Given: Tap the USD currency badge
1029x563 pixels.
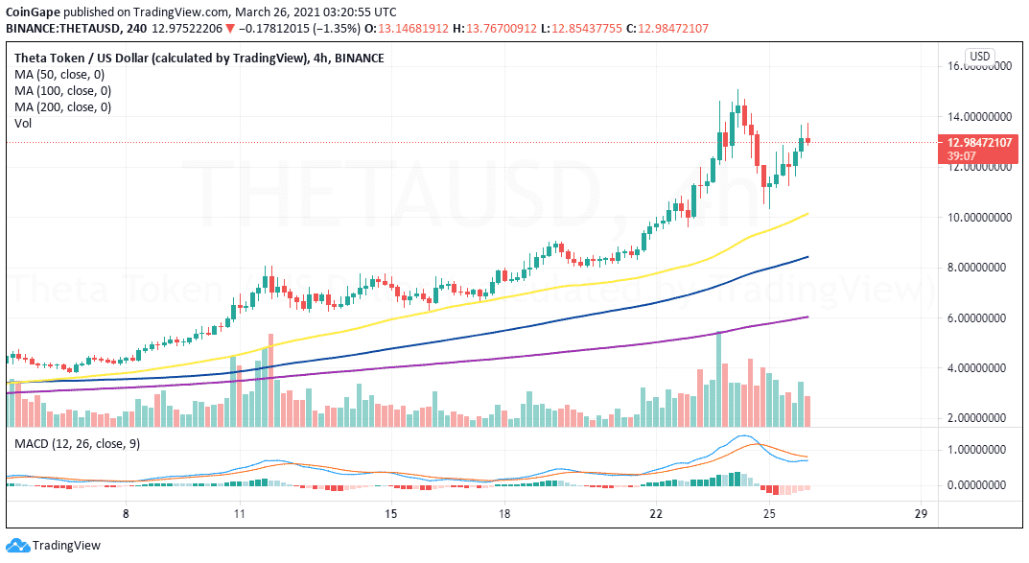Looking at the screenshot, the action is click(980, 57).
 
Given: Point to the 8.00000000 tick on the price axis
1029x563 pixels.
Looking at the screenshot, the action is click(978, 268).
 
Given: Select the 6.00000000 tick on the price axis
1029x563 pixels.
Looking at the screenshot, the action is click(978, 318).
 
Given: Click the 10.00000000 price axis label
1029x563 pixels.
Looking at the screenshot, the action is click(978, 217).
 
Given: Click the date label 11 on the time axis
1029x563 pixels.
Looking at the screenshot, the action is click(239, 514).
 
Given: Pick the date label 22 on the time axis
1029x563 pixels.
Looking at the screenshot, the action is click(656, 514).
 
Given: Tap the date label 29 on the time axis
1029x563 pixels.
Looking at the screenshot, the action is click(922, 514).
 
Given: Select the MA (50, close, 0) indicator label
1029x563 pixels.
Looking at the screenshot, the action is click(59, 74).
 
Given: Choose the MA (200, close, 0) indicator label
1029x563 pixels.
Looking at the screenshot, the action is click(62, 107).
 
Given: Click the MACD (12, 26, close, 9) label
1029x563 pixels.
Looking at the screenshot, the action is click(78, 444).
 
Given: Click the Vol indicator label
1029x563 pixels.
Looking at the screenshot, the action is click(23, 124).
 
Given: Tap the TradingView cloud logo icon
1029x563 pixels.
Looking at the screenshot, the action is click(17, 546).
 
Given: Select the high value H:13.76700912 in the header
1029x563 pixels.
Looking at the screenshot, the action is click(495, 28).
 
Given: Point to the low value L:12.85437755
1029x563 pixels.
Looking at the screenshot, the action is click(581, 28).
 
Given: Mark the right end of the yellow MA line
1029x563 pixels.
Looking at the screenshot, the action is click(807, 213).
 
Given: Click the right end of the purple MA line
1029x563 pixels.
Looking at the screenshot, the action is click(807, 317).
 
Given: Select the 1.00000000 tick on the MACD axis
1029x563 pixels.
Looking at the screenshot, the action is click(978, 450).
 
